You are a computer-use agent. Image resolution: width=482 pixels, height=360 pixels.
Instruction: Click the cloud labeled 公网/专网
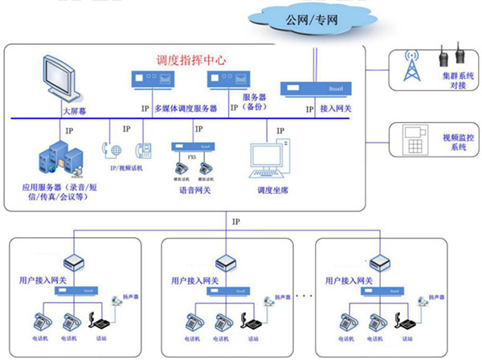click(306, 18)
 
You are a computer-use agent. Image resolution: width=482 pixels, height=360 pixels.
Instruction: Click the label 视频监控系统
click(459, 141)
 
